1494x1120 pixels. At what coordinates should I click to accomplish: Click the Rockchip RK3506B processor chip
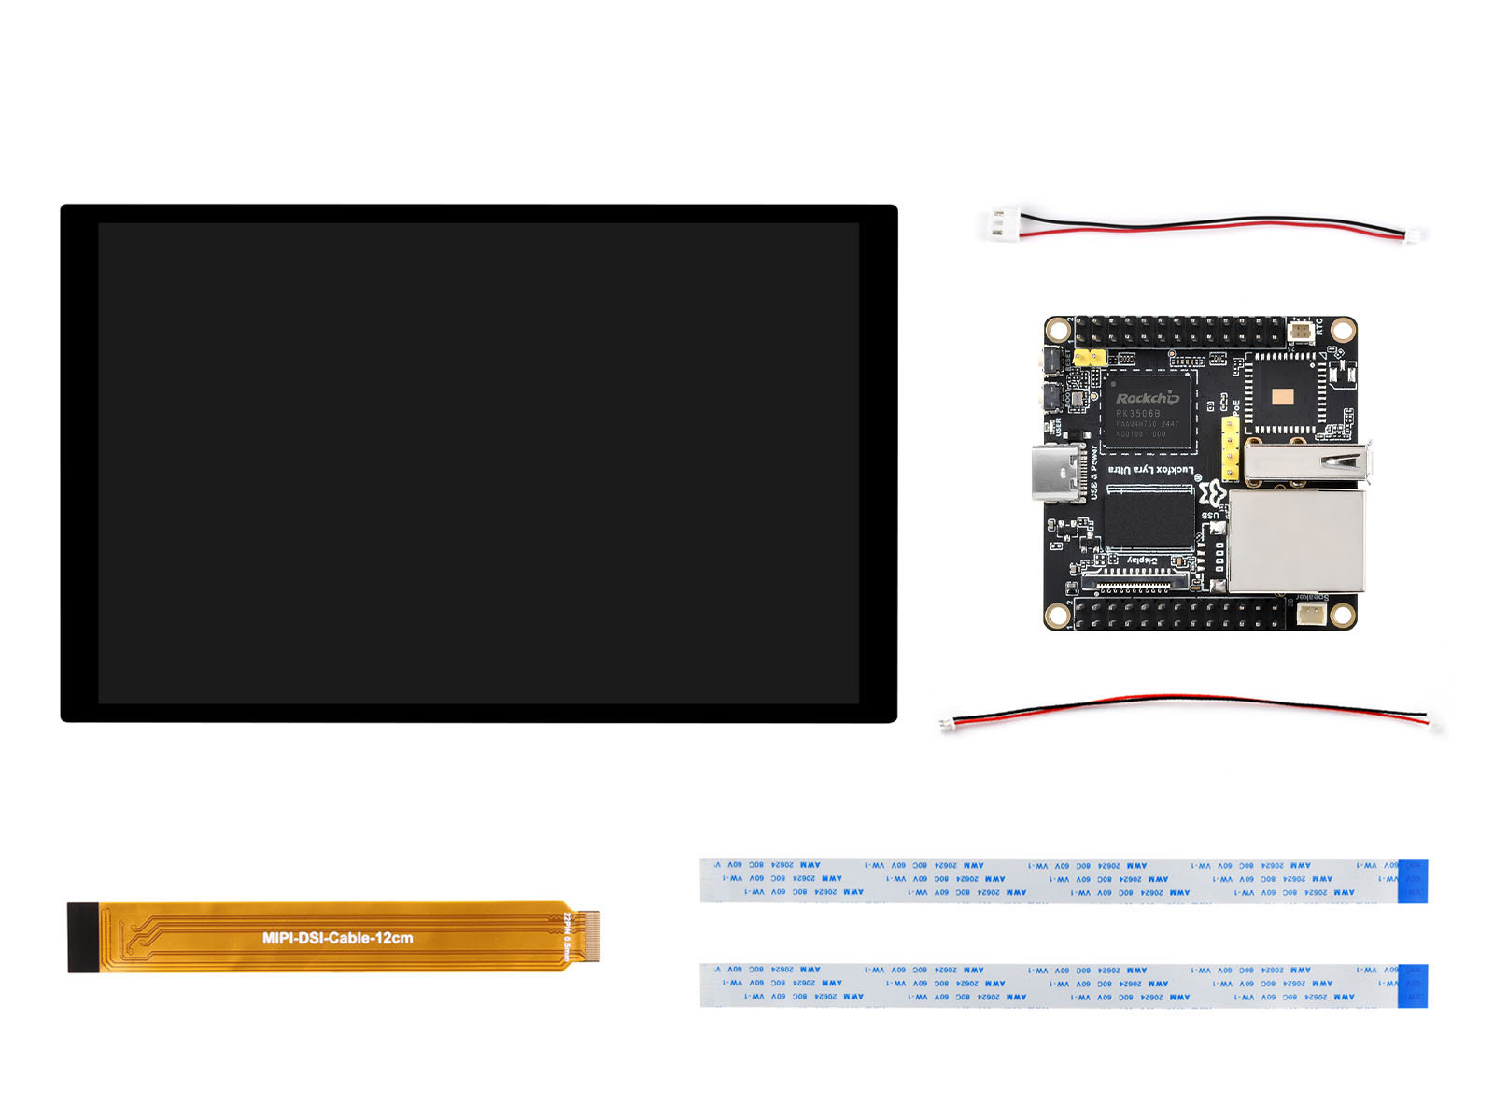click(1148, 413)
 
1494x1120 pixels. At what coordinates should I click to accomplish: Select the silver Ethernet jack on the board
click(1296, 542)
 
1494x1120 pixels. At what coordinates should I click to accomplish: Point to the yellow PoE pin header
click(1231, 448)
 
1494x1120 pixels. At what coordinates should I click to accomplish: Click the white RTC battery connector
click(1301, 329)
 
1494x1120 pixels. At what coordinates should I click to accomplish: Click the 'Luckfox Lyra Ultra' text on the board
click(1150, 470)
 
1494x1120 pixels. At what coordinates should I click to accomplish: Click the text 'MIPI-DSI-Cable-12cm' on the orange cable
click(337, 938)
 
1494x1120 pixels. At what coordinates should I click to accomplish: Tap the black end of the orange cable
click(82, 937)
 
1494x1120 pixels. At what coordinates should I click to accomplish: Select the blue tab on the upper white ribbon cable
click(1413, 881)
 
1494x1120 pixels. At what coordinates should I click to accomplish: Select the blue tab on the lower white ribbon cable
click(1413, 985)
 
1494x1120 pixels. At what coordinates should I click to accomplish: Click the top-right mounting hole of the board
click(1343, 329)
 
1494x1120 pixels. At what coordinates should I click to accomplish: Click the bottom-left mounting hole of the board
click(1057, 615)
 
